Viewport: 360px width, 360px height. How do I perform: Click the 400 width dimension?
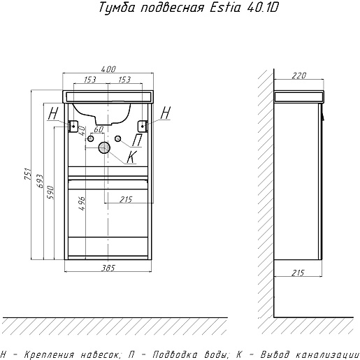108,69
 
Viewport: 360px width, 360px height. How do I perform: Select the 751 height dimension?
28,173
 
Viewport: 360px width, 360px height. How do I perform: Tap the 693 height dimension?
40,181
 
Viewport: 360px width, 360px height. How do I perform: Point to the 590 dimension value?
50,192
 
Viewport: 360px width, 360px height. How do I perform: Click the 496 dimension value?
82,203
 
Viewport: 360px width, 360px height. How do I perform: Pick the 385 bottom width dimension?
108,268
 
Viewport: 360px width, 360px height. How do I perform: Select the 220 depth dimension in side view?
298,75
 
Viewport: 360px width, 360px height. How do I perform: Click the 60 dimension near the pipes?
99,129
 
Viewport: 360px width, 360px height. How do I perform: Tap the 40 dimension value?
82,131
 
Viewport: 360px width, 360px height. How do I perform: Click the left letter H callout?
53,113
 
